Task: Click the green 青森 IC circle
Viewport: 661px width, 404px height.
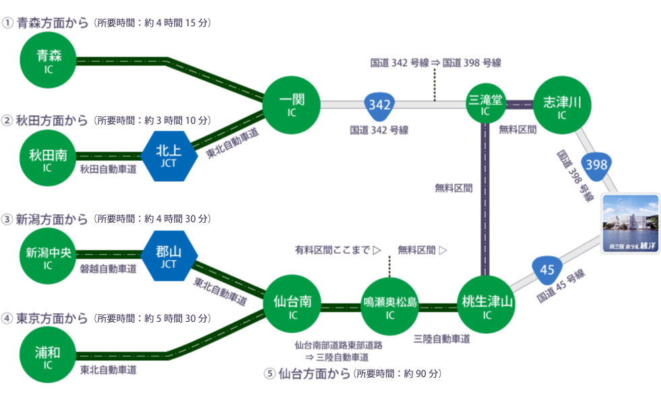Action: point(48,60)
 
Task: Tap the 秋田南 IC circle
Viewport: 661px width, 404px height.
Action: point(48,158)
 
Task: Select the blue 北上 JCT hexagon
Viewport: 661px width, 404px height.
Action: point(169,156)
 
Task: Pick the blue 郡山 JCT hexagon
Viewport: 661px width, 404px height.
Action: point(169,256)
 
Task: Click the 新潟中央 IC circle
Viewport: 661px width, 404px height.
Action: point(48,256)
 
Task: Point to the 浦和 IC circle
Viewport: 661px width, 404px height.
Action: point(48,355)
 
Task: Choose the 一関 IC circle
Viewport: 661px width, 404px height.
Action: point(292,105)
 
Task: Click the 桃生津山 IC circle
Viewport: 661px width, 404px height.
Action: point(486,304)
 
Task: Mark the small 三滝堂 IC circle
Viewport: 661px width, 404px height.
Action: point(486,104)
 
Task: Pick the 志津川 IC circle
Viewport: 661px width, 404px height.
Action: point(562,105)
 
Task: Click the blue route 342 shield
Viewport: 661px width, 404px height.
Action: point(379,105)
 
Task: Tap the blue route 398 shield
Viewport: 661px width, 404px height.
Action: point(596,166)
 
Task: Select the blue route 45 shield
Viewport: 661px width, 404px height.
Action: point(546,271)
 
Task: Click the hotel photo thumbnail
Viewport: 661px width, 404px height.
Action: point(630,224)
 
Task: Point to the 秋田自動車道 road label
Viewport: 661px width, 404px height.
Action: point(108,170)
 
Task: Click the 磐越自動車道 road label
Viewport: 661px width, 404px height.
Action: point(108,269)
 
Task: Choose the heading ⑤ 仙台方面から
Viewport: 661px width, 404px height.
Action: point(308,373)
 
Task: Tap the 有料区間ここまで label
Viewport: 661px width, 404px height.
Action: point(333,250)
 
